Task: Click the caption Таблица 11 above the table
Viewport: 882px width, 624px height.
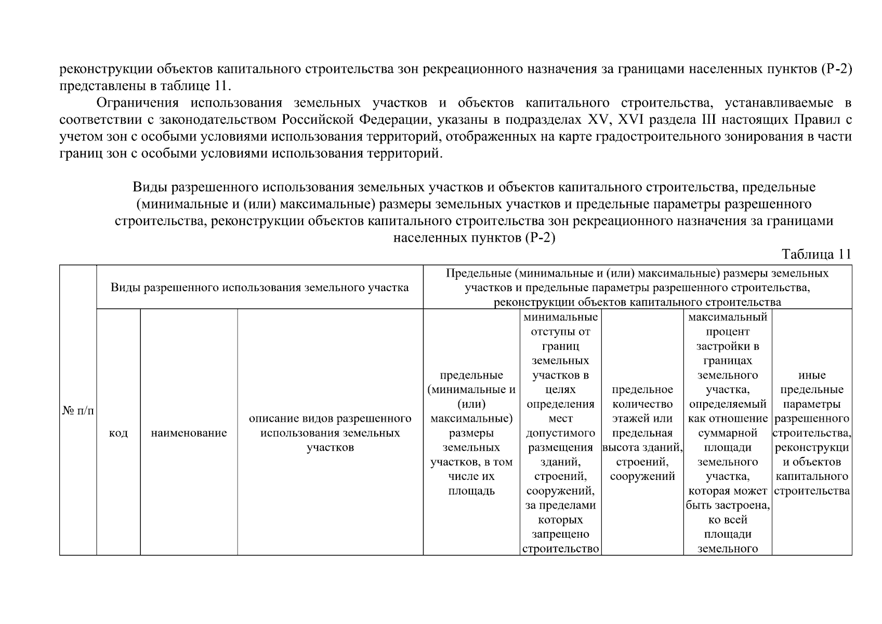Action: [817, 254]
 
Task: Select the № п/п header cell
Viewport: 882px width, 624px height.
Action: [78, 411]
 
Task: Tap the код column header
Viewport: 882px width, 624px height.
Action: [119, 433]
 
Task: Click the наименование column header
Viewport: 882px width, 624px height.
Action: [189, 433]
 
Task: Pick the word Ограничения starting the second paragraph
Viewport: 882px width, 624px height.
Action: [138, 103]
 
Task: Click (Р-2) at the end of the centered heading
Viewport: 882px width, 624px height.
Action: [541, 238]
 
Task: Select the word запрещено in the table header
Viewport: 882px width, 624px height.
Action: [560, 534]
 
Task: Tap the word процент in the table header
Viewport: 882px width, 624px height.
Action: [728, 332]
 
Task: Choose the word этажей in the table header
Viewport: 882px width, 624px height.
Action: [642, 419]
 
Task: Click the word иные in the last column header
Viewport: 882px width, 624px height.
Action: [812, 375]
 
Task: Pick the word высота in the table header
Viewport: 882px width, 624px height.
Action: [620, 448]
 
